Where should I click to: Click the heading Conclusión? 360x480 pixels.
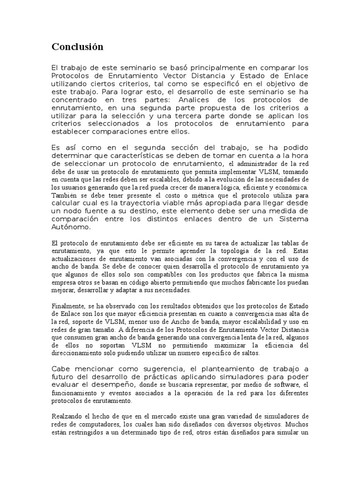77,47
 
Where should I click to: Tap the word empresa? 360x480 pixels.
64,282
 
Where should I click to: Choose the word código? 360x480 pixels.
133,282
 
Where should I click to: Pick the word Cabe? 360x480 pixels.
60,368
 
